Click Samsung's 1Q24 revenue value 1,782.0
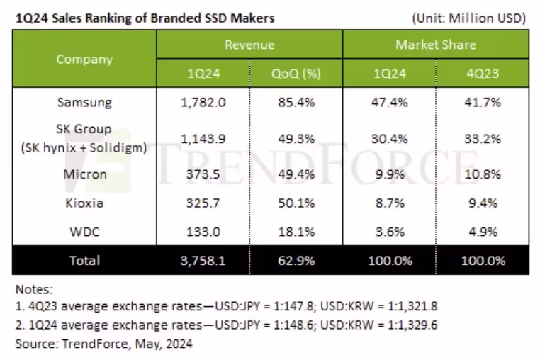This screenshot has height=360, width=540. (x=203, y=102)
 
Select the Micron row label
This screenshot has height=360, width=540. (x=85, y=174)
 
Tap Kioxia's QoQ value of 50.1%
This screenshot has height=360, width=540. (x=296, y=203)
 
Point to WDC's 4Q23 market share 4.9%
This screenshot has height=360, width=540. (x=483, y=232)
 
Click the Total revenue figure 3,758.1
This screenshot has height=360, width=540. (x=203, y=261)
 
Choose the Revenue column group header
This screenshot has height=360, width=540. (x=249, y=45)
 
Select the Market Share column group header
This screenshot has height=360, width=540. (x=436, y=45)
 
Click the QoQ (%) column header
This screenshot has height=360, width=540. (x=296, y=74)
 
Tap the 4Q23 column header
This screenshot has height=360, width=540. (x=483, y=74)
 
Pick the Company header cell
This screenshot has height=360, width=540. (x=84, y=59)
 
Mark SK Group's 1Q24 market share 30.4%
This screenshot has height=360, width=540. (x=390, y=139)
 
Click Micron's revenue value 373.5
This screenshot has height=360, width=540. (x=203, y=174)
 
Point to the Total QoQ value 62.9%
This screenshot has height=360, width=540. (x=296, y=261)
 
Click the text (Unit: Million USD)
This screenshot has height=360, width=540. (x=468, y=18)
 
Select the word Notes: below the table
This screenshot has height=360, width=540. (x=35, y=289)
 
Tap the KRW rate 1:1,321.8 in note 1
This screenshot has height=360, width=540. (x=412, y=306)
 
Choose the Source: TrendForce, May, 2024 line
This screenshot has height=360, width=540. (x=104, y=344)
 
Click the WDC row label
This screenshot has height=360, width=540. (x=85, y=232)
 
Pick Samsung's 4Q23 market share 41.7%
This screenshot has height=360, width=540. (x=483, y=102)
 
